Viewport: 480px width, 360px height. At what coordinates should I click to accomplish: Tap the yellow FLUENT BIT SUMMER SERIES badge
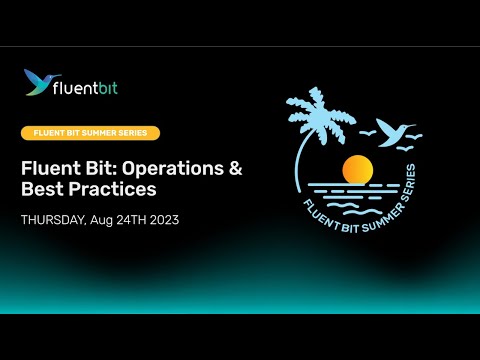pyautogui.click(x=90, y=133)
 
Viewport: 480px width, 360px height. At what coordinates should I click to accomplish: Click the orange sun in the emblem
pyautogui.click(x=357, y=169)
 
